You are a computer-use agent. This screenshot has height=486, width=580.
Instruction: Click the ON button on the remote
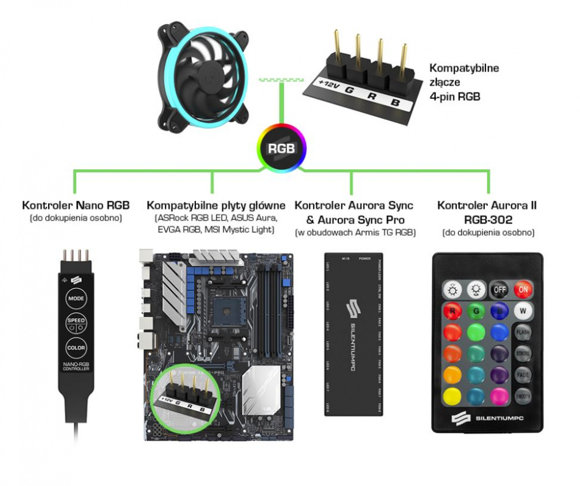[523, 289]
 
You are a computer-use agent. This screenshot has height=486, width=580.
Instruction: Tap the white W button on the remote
[523, 311]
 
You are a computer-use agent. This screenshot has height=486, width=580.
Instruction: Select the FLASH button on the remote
[523, 333]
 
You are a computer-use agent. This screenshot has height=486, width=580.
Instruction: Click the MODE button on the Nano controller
[76, 299]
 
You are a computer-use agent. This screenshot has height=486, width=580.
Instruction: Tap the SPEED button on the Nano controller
[76, 323]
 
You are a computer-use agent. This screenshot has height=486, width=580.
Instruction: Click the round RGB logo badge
[281, 148]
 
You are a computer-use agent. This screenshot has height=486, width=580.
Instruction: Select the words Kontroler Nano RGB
[76, 205]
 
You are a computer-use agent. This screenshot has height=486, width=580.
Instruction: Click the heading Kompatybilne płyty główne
[212, 205]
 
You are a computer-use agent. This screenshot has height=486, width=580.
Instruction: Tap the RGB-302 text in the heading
[488, 219]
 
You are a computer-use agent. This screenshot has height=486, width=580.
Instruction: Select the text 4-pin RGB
[455, 97]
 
